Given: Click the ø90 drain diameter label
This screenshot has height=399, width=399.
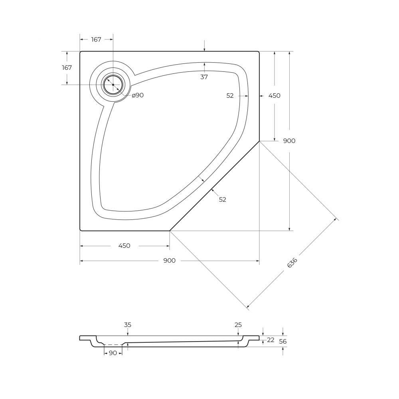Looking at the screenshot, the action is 138,95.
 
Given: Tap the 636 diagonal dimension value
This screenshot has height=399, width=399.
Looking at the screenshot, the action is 292,263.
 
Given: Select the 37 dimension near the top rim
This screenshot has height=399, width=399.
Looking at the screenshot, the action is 204,77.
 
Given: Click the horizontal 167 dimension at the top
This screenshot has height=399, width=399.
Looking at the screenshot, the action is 96,40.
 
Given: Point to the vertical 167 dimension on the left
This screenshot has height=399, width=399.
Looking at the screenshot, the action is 67,68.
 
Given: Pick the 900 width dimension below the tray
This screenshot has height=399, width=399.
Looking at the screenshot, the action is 170,261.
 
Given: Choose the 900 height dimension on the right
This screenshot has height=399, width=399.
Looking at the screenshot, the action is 289,141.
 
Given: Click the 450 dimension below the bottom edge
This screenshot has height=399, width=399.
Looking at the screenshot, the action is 124,246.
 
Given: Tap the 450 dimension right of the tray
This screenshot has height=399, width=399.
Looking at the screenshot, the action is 275,96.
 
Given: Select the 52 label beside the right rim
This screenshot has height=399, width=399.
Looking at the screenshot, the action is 230,96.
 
